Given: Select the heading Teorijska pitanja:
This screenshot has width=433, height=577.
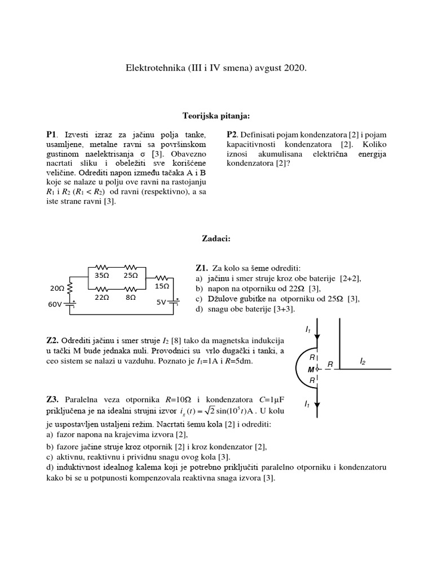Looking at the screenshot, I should click(216, 116).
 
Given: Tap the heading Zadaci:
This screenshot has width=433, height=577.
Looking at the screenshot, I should click(216, 239).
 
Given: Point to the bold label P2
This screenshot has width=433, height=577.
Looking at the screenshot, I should click(233, 135).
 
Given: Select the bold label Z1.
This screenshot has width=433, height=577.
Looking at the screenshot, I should click(202, 268).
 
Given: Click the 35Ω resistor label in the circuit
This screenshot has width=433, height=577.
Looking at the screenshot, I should click(102, 276).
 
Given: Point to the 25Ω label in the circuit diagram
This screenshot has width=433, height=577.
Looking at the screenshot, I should click(131, 276).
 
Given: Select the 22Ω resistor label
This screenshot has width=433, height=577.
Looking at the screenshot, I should click(101, 296).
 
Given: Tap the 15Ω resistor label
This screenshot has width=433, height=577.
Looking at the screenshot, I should click(162, 286).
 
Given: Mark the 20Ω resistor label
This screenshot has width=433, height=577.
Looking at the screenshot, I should click(58, 288).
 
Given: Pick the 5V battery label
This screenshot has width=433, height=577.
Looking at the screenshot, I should click(161, 302).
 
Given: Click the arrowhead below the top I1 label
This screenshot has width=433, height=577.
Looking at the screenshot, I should click(318, 337).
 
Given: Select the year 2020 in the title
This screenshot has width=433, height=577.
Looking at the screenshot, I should click(295, 68).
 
